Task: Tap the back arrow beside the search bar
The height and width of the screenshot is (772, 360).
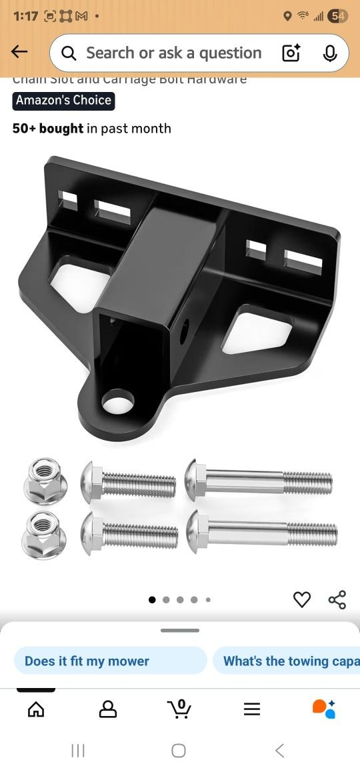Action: click(x=19, y=52)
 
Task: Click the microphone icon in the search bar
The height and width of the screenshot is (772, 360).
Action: click(x=330, y=53)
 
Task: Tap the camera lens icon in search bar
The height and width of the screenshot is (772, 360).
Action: click(x=291, y=53)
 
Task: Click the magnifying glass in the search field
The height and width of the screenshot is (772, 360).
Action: click(x=69, y=53)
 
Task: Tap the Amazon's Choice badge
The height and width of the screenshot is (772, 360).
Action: click(x=63, y=101)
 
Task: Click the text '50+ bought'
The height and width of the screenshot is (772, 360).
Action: click(x=48, y=129)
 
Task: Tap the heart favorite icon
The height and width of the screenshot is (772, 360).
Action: click(x=302, y=599)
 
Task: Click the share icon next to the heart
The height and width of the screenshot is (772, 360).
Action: click(x=337, y=599)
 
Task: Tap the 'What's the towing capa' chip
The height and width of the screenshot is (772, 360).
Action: click(x=287, y=661)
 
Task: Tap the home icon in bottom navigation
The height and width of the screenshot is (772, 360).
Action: click(x=36, y=709)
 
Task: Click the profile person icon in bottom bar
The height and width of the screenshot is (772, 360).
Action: click(x=107, y=709)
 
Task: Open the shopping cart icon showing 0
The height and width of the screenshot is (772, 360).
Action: click(x=179, y=709)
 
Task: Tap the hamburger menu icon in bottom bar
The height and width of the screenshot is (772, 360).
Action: click(x=252, y=709)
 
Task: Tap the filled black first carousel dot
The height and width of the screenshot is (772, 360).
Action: click(x=152, y=600)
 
